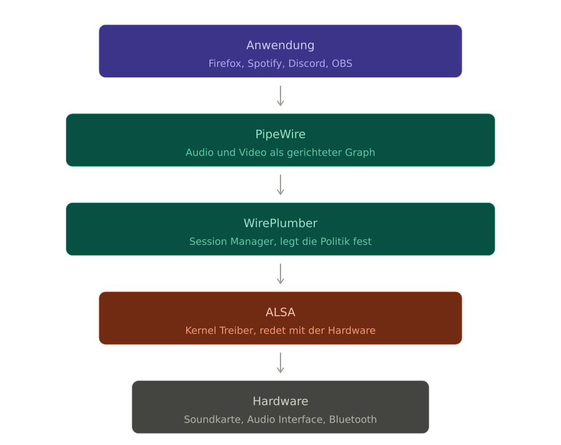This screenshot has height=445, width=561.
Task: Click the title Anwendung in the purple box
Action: (x=280, y=45)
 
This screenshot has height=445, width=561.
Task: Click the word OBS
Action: (x=342, y=63)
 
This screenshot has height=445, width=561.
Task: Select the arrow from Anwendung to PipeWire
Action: (x=280, y=96)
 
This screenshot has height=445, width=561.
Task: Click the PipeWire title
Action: (x=280, y=134)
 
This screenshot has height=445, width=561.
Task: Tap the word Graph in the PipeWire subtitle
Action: (x=360, y=153)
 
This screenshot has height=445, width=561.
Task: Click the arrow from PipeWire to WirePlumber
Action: (x=280, y=185)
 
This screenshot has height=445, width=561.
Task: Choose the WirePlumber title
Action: (x=280, y=223)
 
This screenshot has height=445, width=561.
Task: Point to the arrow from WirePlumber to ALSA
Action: (x=280, y=274)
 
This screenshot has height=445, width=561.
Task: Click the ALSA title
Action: (x=280, y=312)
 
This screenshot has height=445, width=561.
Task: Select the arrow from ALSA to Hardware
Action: (x=280, y=363)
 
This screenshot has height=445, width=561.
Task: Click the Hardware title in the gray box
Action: (x=280, y=401)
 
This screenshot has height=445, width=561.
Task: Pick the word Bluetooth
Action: (x=353, y=419)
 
